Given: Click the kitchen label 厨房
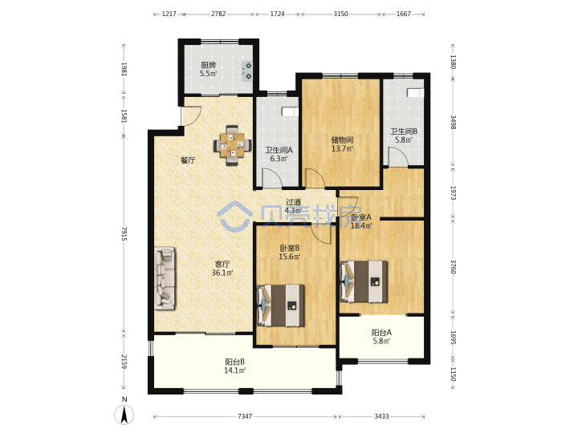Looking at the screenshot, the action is point(208,65).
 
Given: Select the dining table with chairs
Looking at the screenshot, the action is point(233,146).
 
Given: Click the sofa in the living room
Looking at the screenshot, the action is point(165,278).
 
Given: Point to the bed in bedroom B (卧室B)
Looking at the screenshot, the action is point(280,306).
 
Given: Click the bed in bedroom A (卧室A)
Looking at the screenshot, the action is point(364,281).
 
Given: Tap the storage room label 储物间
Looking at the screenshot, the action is point(342,140).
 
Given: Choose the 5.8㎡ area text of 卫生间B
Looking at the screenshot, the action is point(404,140).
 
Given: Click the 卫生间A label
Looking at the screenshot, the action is point(279,150).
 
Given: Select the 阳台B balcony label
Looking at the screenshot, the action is point(234,362).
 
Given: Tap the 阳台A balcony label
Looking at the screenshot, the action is point(381,333).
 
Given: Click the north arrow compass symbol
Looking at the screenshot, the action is point(124,415).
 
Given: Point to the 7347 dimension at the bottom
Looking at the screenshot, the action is point(245,416).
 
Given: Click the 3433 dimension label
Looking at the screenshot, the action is point(381,416).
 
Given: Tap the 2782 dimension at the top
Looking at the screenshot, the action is point(218,14).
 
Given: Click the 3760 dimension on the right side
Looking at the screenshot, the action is point(454,266).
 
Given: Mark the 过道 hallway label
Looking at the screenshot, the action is point(294,202).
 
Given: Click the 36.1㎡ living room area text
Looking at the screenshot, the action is point(222,273).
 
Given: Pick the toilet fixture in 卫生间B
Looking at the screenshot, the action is point(416,93).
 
